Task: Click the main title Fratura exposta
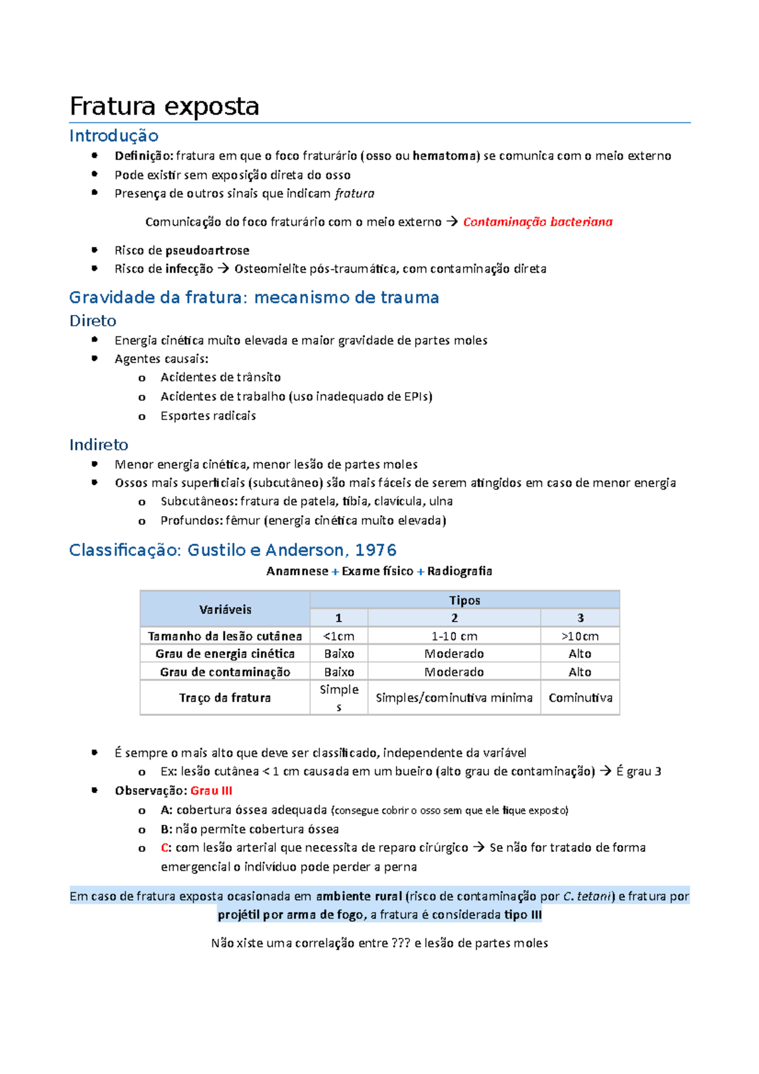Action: (x=164, y=106)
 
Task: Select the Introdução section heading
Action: (x=114, y=135)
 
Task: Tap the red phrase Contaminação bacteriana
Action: (x=538, y=221)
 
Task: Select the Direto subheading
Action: (x=93, y=321)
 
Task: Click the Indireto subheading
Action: (x=99, y=445)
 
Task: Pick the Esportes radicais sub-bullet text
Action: (x=208, y=416)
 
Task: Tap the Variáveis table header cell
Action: (x=225, y=609)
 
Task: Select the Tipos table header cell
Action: (x=465, y=600)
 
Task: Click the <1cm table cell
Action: (x=339, y=636)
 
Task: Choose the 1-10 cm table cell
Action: (x=454, y=636)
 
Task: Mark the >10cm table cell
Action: (x=580, y=636)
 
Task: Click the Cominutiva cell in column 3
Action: (x=580, y=698)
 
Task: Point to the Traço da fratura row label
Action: (x=225, y=698)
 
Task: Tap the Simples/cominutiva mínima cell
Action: (x=454, y=698)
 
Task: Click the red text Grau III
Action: (x=211, y=791)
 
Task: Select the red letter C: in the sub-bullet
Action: (x=166, y=848)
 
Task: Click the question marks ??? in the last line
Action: (x=401, y=943)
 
